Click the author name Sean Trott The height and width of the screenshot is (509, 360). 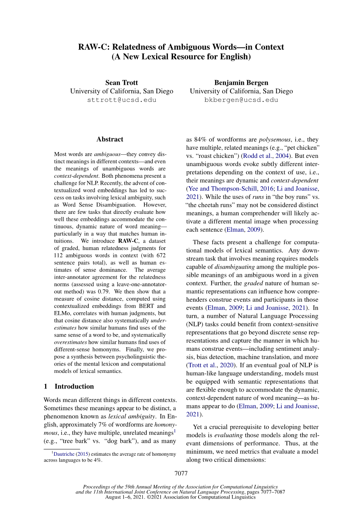click(121, 82)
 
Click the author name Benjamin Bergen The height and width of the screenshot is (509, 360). click(241, 82)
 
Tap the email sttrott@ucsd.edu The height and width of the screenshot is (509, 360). click(121, 100)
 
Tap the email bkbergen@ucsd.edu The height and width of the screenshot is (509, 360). click(241, 100)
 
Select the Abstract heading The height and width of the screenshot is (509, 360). click(110, 139)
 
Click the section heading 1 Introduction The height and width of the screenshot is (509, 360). click(69, 386)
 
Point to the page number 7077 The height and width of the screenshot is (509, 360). click(181, 473)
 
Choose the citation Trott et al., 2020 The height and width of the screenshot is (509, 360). click(211, 365)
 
